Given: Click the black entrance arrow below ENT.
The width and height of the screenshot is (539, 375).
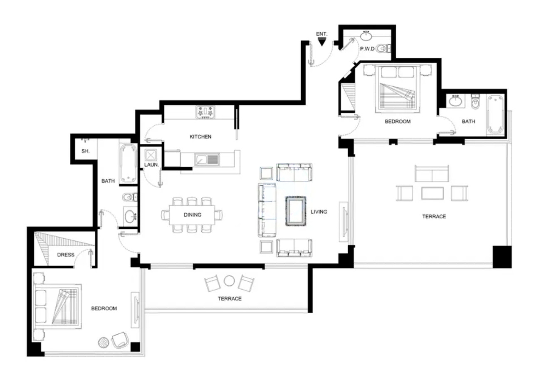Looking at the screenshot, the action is [322, 42].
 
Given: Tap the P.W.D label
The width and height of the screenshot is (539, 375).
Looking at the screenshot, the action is [367, 49].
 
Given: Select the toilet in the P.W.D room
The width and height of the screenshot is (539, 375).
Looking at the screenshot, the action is [383, 49].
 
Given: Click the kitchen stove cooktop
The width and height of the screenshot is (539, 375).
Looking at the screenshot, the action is [205, 112].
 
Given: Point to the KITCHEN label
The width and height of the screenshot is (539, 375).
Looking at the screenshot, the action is [200, 137].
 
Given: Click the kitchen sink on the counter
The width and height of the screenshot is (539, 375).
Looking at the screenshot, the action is [207, 160].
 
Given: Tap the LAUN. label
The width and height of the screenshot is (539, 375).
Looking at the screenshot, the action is [151, 165].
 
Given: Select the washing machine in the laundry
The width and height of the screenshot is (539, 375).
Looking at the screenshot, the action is [151, 155].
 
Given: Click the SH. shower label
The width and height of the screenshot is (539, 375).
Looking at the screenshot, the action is [85, 151].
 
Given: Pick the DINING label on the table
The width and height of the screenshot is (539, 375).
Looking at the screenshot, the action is [193, 215].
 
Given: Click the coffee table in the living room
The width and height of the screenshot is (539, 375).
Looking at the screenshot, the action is [296, 211].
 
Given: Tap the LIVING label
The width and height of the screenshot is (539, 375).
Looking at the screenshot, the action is [319, 212].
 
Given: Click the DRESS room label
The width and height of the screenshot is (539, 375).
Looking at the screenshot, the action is [66, 255].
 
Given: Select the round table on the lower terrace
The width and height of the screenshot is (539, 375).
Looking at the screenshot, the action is [229, 281].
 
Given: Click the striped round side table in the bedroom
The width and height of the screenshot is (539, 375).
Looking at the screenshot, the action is [104, 342].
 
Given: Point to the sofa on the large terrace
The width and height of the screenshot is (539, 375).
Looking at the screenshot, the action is [432, 173].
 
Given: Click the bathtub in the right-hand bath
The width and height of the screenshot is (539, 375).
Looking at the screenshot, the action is [495, 114].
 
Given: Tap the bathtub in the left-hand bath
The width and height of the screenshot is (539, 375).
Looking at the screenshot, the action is [129, 164].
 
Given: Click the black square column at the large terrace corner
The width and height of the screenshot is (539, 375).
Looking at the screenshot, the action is [502, 257].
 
